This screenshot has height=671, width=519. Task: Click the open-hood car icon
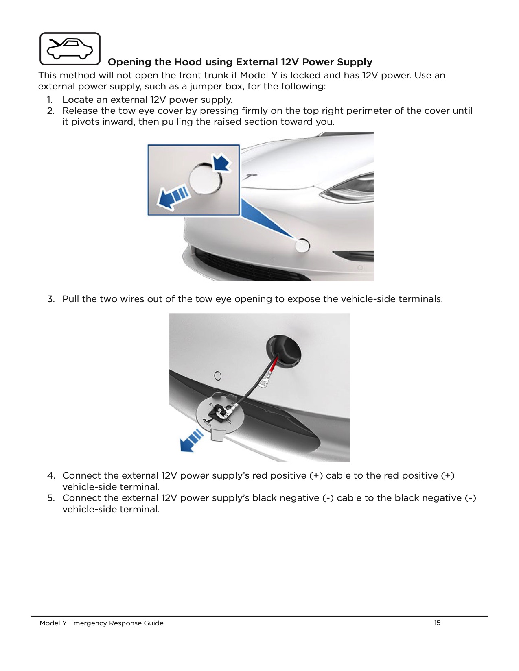click(x=70, y=49)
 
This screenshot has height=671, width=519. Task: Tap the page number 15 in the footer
click(x=437, y=623)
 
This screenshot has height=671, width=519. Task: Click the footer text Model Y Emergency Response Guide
click(x=101, y=623)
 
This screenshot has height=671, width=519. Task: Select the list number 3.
click(x=50, y=299)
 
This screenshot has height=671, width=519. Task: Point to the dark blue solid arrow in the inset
click(x=221, y=162)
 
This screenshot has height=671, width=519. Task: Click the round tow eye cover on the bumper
click(x=302, y=245)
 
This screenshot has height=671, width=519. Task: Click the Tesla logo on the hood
click(x=250, y=176)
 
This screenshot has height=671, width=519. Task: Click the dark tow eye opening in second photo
click(x=283, y=352)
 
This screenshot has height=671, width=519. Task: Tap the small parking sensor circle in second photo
click(x=218, y=376)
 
